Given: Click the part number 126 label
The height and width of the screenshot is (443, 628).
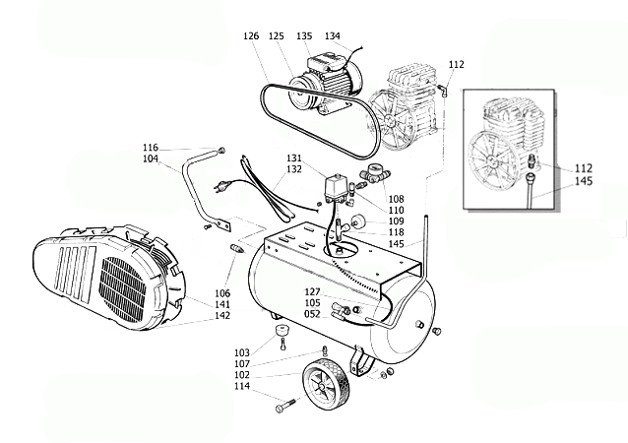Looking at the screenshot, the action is coord(251,36).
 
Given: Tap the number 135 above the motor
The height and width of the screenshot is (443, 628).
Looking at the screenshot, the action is coord(304,36).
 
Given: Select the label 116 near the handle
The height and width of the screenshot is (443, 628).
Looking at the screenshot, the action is coord(151,148).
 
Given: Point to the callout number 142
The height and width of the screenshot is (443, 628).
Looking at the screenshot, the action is coord(222,316).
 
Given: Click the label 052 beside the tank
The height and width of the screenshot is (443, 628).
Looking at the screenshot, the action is coord(312,314).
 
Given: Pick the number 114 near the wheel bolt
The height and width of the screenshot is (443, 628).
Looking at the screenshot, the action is coord(242,386).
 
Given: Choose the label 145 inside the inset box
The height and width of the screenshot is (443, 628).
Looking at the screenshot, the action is coord(584,181).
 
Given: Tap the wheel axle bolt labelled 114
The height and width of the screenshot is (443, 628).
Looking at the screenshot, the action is coord(285,405).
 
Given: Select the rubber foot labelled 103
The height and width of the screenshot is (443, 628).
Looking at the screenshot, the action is coord(283,331).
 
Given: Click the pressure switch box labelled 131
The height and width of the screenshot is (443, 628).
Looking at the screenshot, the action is coord(336,188).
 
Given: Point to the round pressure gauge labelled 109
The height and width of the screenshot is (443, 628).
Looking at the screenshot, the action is coord(356,221).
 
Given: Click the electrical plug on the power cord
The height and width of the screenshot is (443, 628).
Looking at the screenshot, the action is coord(220,185).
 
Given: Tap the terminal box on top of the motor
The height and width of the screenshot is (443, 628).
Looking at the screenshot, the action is coord(325,60).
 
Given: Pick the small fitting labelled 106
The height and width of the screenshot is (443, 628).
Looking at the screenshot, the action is coord(237,247).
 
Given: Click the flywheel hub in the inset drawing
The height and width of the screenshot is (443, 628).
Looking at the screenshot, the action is coord(491,160).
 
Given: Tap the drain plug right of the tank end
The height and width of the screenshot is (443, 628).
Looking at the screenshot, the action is coord(437,331).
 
